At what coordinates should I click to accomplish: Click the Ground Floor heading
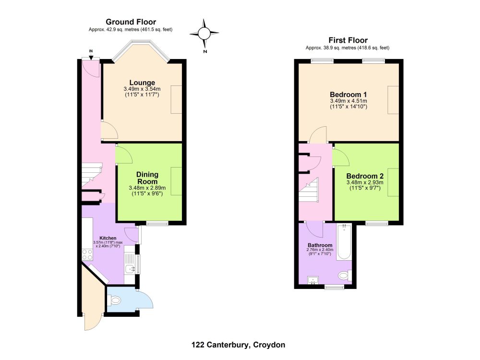point(131,22)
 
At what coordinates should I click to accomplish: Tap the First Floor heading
point(348,40)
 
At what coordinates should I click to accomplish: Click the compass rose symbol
point(204,33)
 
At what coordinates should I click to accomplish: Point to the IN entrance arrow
point(91,55)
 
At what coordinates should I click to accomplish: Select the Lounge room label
point(142,83)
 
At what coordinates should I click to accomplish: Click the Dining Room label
point(147,178)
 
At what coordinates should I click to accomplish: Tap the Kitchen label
point(108,238)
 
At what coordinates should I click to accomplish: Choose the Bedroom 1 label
point(348,95)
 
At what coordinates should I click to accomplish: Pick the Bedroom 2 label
point(365,176)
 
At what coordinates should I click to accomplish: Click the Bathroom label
point(320,245)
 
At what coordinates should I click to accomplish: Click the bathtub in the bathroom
point(344,242)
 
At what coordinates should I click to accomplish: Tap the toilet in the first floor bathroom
point(345,275)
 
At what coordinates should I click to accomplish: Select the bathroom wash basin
point(313,280)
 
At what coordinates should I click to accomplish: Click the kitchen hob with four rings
point(87,255)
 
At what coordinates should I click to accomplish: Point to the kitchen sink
point(131,269)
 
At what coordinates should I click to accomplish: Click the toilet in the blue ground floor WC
point(114,300)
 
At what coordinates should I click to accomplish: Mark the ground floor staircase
point(91,175)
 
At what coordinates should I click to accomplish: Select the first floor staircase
point(309,190)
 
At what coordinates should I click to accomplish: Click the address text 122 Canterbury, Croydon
point(238,345)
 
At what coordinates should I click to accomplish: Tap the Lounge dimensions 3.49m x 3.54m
point(142,89)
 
